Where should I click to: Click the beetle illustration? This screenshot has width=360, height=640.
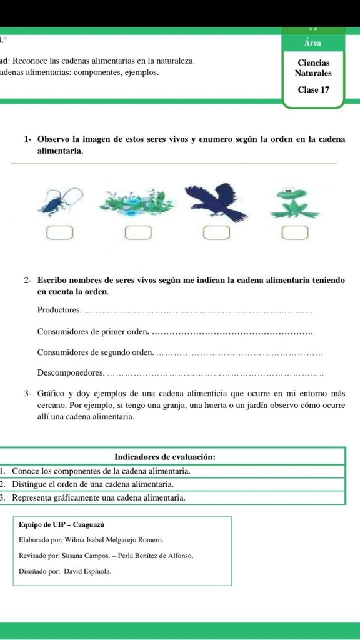click(x=60, y=201)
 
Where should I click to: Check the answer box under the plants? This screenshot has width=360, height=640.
click(x=138, y=234)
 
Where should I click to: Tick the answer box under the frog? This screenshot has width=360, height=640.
click(x=294, y=234)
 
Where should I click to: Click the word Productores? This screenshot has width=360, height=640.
click(x=59, y=311)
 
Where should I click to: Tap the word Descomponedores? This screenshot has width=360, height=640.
click(x=70, y=373)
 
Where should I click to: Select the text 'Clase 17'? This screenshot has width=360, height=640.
click(x=314, y=90)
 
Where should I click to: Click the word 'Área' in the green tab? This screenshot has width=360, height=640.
click(x=313, y=43)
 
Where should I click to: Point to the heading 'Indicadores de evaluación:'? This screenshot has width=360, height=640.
click(x=166, y=457)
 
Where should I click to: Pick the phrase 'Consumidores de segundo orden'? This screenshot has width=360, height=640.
click(x=94, y=352)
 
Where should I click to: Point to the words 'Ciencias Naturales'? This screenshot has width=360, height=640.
click(x=314, y=68)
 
